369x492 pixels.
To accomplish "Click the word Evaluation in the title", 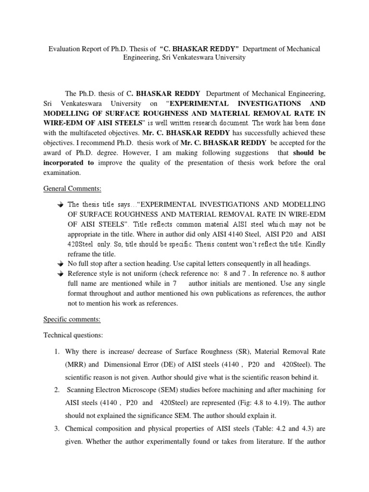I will tap(67, 49).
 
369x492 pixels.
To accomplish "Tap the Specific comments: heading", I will tap(67, 319).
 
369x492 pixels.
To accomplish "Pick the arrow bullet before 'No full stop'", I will tap(60, 264).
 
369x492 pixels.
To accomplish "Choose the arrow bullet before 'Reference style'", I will tap(60, 274).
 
